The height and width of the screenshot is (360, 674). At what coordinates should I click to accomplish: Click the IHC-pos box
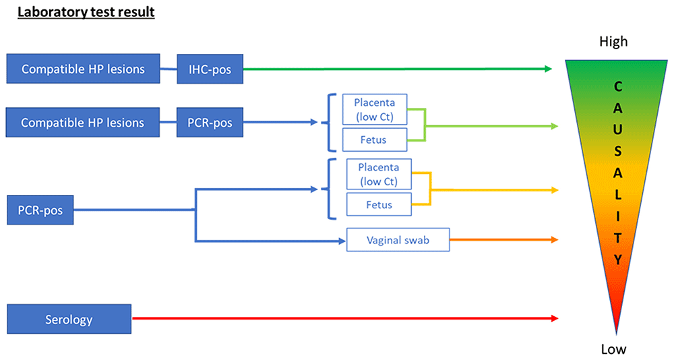coord(210,69)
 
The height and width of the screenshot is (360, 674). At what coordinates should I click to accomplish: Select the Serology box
coord(69,319)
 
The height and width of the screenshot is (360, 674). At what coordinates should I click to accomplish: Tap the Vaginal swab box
coord(398,239)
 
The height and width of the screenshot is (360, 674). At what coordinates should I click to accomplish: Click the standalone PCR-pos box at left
coord(40,210)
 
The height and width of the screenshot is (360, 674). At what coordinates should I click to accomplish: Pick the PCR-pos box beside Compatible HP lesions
coord(210,122)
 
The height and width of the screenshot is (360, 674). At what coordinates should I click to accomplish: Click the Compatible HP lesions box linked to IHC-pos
coord(83,69)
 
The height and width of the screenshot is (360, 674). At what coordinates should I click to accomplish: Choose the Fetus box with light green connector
coord(374,140)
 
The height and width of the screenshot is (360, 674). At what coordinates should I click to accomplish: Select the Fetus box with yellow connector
coord(379,204)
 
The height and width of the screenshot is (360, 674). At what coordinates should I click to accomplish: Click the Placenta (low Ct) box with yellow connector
coord(379,174)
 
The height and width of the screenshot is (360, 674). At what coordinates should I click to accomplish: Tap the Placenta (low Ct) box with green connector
coord(374,110)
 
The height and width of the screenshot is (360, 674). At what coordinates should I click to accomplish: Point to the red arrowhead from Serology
coord(555,318)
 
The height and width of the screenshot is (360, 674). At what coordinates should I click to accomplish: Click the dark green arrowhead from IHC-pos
coord(548,69)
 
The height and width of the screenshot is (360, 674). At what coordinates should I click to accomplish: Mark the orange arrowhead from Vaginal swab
coord(555,239)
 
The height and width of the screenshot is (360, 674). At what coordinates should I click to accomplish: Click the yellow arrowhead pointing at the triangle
coord(555,190)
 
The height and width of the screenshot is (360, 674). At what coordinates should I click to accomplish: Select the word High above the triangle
coord(613,42)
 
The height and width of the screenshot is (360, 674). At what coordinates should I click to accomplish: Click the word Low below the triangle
coord(613,349)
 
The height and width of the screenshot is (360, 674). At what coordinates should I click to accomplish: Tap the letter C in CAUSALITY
coord(617,86)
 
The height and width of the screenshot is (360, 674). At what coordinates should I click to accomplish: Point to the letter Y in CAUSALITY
coord(617,260)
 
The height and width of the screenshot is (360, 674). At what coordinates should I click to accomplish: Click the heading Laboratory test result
coord(86,12)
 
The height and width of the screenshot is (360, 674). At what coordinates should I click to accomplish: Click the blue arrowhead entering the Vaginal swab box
coord(342,241)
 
